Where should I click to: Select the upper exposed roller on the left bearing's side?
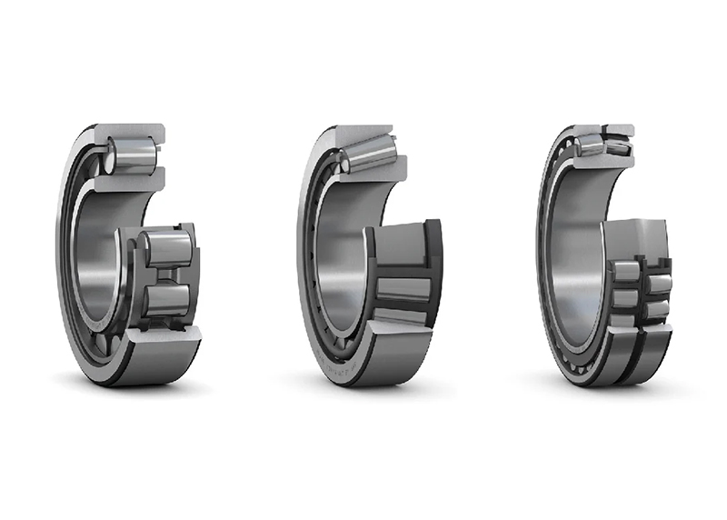pos(167,248)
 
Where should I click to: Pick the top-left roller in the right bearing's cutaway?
pos(592,143)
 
